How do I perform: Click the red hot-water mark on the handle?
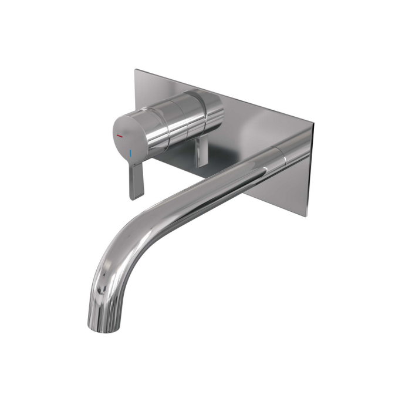pos(119,136)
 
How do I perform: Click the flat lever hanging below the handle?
pos(136,180)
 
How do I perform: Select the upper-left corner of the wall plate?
pos(135,70)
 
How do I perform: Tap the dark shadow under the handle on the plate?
pos(176,157)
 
